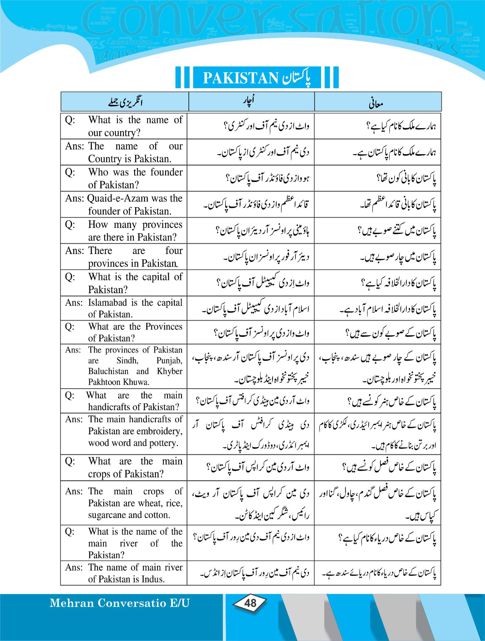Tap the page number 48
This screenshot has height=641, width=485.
250,603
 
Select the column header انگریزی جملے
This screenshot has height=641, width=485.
125,102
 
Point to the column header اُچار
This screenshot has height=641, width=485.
249,101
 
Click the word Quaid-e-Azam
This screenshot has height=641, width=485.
114,198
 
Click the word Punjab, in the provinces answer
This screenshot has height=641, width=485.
169,361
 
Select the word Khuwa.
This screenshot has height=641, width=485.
137,382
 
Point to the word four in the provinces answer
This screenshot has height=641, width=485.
174,251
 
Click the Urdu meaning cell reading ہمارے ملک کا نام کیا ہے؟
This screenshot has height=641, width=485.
401,127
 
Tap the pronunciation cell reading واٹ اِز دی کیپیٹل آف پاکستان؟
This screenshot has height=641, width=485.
263,283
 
